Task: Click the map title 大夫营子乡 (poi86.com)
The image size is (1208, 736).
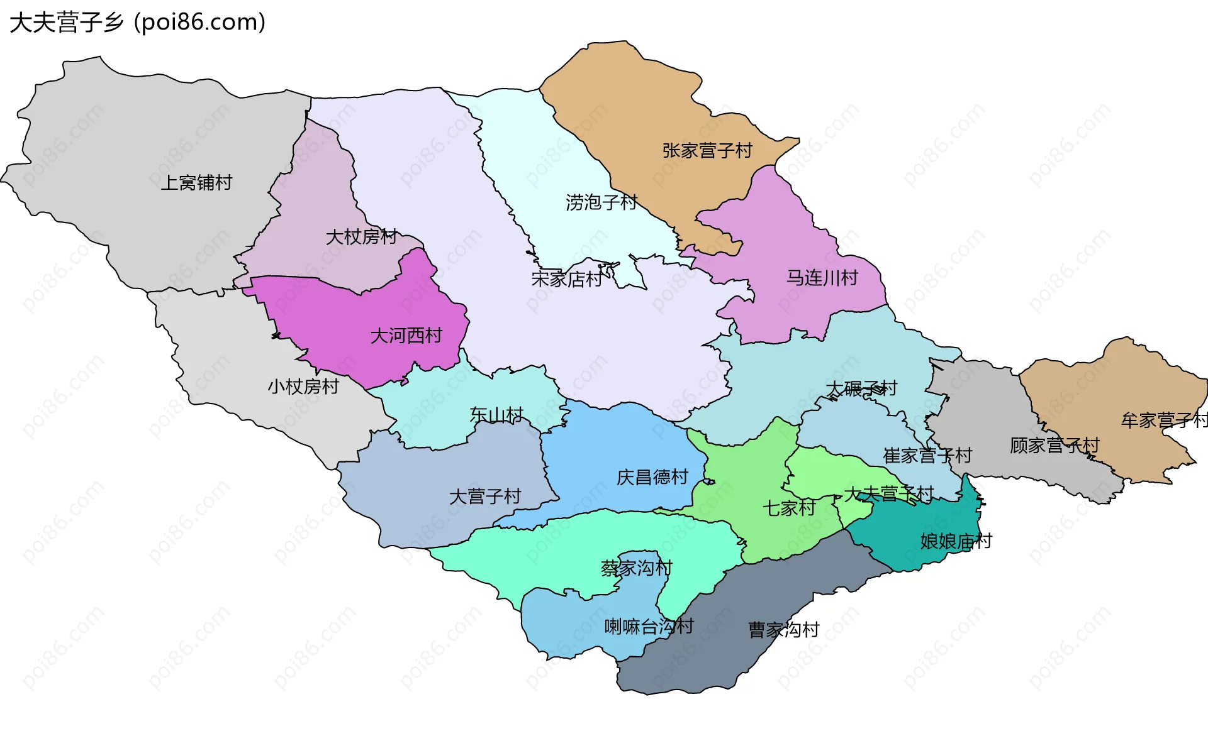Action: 137,22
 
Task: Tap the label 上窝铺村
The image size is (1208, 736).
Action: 196,183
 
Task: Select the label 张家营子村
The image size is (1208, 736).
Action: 707,151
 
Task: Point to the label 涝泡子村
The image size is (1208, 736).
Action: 601,202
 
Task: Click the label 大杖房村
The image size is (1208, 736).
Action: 362,237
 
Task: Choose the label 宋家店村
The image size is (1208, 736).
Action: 567,279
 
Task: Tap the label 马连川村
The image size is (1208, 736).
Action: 822,278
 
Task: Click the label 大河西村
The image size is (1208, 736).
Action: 406,336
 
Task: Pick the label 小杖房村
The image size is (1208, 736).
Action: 303,387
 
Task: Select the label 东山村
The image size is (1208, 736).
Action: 496,415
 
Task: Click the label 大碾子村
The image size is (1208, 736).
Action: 861,389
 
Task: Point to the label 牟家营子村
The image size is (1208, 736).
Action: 1164,420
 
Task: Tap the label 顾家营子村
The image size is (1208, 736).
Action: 1054,446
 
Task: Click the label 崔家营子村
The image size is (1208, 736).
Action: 927,456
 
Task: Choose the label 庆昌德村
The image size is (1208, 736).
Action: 652,478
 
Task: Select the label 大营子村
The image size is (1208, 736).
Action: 485,497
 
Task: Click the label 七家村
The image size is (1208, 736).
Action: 789,508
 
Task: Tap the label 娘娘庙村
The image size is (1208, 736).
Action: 956,541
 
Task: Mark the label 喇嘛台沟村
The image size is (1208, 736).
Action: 649,627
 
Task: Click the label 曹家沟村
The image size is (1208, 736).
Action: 783,630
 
